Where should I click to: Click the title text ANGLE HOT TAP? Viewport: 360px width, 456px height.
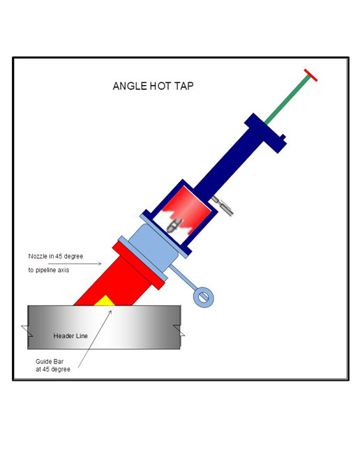[153, 86]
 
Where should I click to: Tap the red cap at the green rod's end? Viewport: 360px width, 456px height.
[311, 75]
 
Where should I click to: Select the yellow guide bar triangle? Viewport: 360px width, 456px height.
[105, 301]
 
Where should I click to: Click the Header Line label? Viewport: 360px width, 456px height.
[70, 336]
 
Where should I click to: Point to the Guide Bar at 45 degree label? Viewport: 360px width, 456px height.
[53, 365]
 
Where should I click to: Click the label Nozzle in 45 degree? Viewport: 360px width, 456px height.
[56, 256]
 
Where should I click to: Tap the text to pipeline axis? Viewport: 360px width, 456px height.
[49, 270]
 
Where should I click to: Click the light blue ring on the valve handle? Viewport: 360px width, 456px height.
[204, 297]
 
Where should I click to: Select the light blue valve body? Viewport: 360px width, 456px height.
[153, 248]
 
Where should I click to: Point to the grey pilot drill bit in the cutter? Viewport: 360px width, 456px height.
[174, 225]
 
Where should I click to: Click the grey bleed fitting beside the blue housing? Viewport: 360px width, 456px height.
[223, 206]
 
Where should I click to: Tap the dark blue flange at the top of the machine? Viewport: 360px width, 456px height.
[265, 133]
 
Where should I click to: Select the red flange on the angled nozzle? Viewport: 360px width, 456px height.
[139, 266]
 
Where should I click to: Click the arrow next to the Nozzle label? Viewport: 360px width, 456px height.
[75, 264]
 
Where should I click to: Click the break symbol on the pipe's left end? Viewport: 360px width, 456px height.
[27, 331]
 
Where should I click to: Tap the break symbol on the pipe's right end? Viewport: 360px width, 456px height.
[179, 330]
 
